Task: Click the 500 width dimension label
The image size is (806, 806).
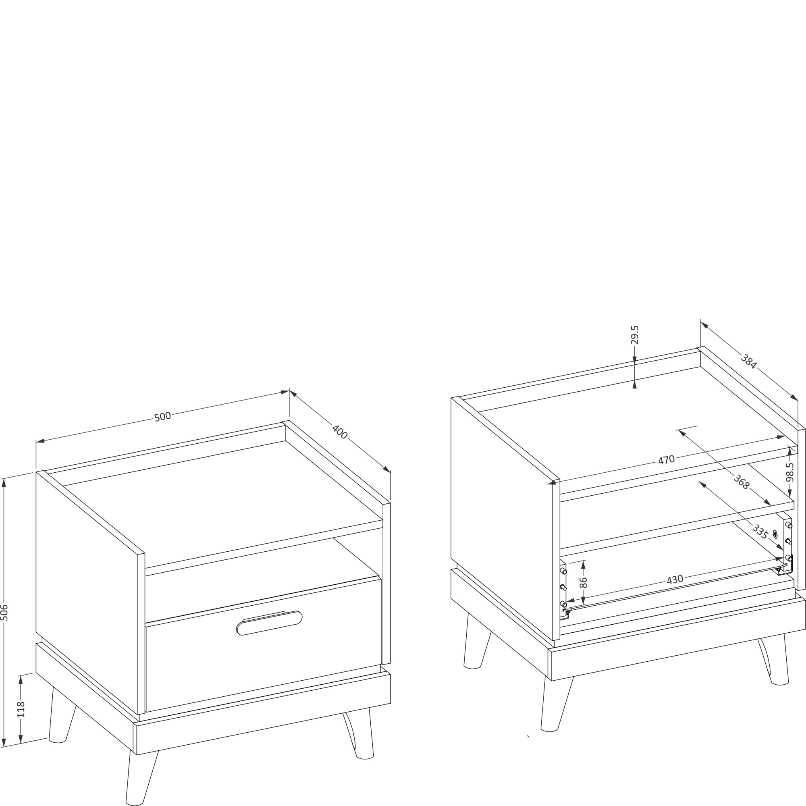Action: pos(163,416)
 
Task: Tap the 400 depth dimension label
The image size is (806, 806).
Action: pos(340,432)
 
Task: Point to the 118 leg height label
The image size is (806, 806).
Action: pos(21,709)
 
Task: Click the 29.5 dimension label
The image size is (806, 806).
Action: pos(635,335)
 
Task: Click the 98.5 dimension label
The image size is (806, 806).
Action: pos(790,472)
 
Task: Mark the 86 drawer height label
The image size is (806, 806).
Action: pos(583,582)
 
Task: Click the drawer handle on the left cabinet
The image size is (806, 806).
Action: pos(270,623)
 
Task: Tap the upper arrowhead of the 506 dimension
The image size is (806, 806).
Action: pos(4,483)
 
